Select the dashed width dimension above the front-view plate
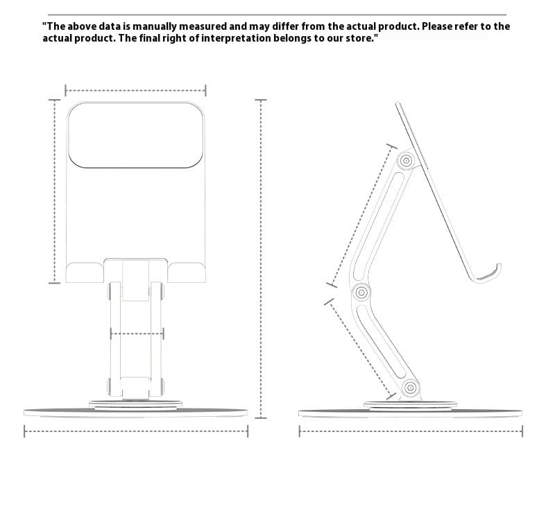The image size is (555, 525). click(135, 90)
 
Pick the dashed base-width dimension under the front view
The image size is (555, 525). click(136, 432)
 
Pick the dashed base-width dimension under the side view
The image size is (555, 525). click(411, 432)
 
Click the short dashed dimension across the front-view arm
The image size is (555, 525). click(137, 334)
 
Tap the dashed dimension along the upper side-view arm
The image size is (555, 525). click(361, 215)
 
